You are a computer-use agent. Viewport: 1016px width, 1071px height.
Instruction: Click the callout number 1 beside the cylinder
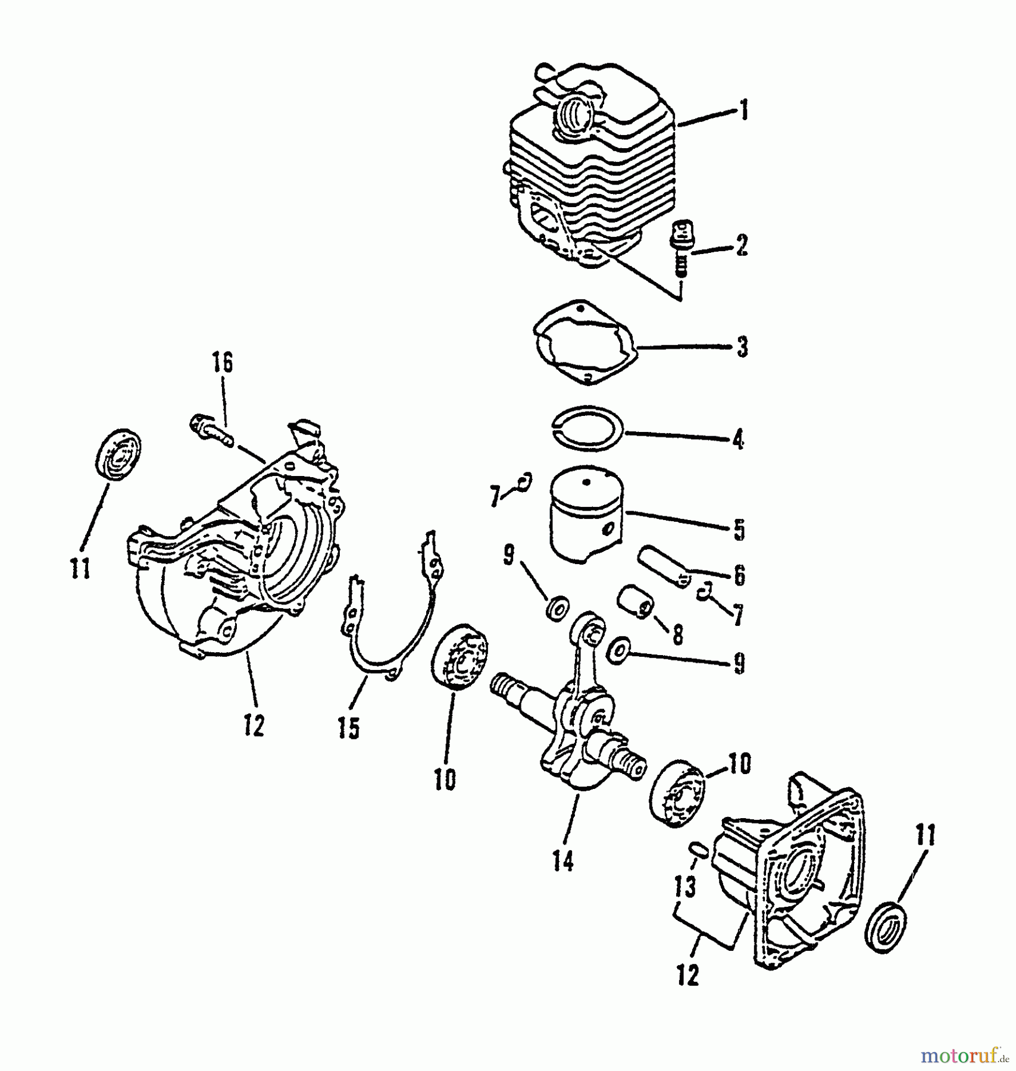point(743,111)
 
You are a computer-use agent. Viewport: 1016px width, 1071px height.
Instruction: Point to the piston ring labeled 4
point(587,429)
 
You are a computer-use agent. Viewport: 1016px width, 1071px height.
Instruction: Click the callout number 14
point(562,860)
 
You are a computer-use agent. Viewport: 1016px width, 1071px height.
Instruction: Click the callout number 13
point(686,887)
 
